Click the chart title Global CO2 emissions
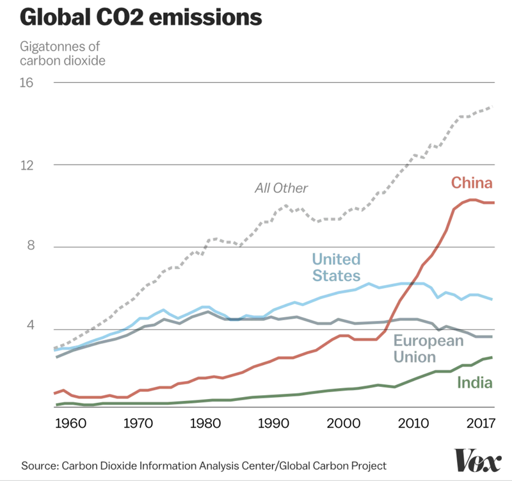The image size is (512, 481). pyautogui.click(x=141, y=17)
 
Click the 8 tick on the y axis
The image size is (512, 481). pyautogui.click(x=30, y=247)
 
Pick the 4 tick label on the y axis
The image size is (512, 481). pyautogui.click(x=30, y=329)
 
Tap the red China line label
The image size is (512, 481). pyautogui.click(x=472, y=183)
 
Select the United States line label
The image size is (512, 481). pyautogui.click(x=337, y=268)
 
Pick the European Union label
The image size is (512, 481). pyautogui.click(x=428, y=348)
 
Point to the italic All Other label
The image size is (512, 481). pyautogui.click(x=281, y=188)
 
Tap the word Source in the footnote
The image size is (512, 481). pyautogui.click(x=40, y=464)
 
